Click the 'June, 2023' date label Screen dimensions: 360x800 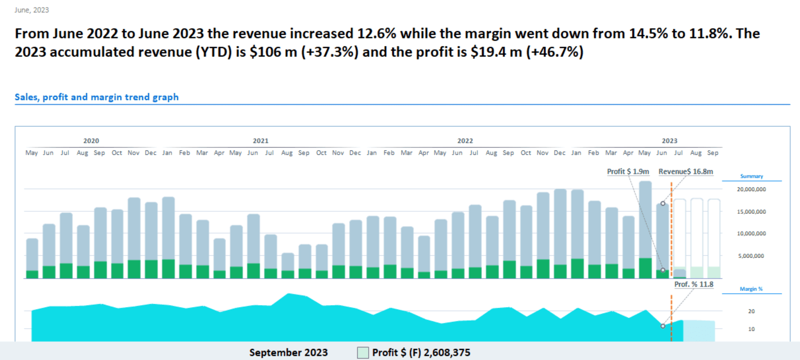tap(32, 10)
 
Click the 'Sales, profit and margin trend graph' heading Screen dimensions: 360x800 tap(97, 97)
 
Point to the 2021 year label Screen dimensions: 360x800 tap(260, 141)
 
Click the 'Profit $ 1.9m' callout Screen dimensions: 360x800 tap(628, 171)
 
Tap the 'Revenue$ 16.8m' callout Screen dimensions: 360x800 tap(686, 171)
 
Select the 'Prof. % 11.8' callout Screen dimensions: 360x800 tap(694, 284)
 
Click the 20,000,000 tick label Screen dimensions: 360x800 tap(751, 189)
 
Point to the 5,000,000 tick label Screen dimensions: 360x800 tap(751, 256)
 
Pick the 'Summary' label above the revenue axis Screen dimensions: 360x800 tap(751, 176)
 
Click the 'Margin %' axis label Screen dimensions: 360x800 tap(751, 289)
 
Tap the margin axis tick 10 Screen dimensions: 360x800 tap(751, 329)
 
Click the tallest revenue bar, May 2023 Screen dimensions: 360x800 tap(645, 220)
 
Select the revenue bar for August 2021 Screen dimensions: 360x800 tap(288, 262)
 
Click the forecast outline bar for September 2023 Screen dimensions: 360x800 tap(714, 233)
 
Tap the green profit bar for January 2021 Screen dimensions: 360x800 tap(168, 269)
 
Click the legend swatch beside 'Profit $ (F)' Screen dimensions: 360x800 tap(363, 353)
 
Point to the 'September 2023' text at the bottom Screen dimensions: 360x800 tap(289, 353)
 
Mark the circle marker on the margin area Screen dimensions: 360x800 tap(663, 326)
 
